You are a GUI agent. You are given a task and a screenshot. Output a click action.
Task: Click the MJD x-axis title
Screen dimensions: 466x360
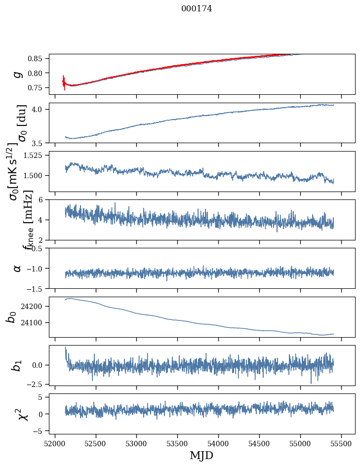(201, 455)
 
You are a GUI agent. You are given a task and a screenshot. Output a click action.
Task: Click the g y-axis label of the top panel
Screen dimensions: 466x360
(18, 74)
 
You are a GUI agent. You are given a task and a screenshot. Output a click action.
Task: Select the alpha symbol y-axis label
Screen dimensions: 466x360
(18, 268)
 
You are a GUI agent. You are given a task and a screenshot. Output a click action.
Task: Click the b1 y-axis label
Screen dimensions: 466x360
(18, 365)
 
